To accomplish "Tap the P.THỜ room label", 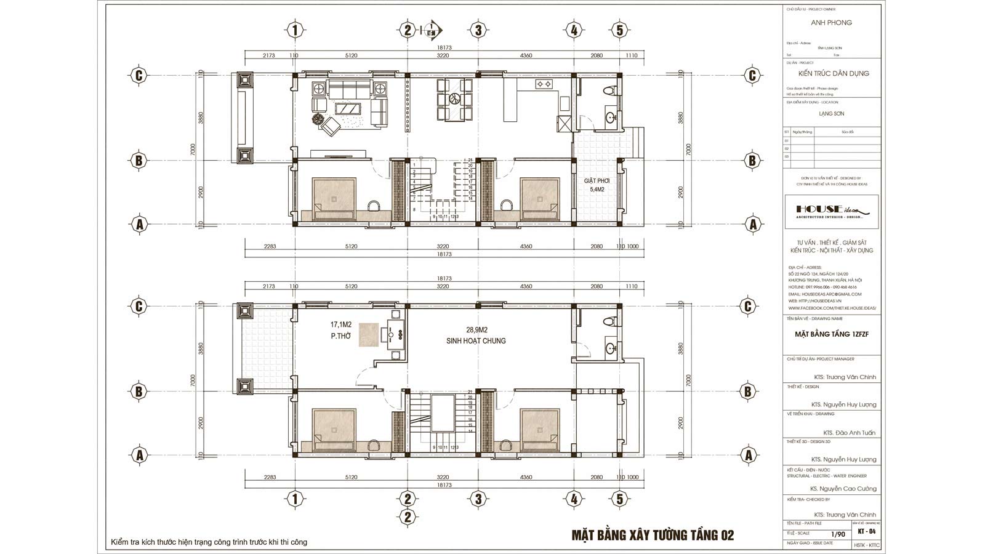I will (340, 336).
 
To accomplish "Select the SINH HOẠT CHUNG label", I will (476, 340).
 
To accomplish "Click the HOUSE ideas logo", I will (831, 211).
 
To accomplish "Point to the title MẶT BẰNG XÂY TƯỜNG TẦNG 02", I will (653, 536).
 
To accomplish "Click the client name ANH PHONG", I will (831, 23).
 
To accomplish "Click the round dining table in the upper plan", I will (454, 98).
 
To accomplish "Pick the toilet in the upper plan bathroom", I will (609, 90).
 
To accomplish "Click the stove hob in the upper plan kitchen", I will (544, 84).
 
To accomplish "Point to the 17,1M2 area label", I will (340, 324).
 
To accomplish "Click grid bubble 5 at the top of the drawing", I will (620, 30).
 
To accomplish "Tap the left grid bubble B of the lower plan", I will (139, 391).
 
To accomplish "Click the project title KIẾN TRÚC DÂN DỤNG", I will (831, 73).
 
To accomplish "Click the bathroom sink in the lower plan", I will (610, 349).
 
